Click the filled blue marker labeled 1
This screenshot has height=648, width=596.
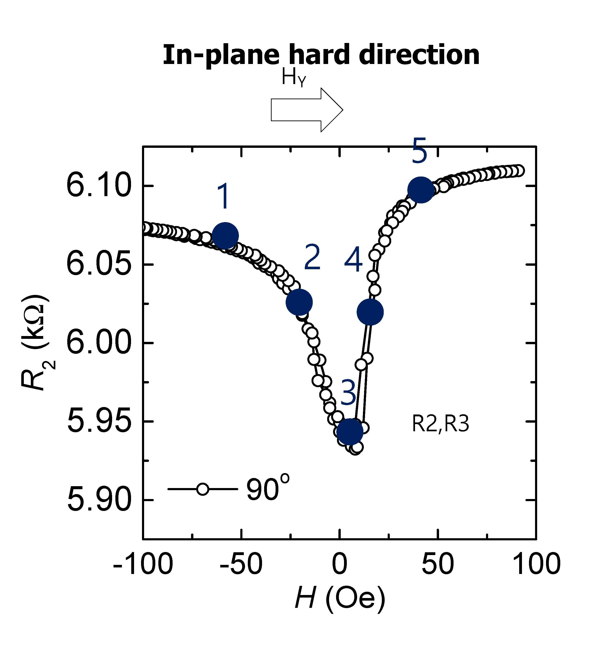[x=225, y=236]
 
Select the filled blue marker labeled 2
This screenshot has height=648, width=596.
[x=299, y=302]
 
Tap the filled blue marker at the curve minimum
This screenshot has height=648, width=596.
[x=350, y=432]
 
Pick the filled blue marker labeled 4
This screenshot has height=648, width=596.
[x=370, y=312]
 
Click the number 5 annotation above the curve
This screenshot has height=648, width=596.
[x=419, y=150]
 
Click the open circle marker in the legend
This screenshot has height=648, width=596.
[x=202, y=489]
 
